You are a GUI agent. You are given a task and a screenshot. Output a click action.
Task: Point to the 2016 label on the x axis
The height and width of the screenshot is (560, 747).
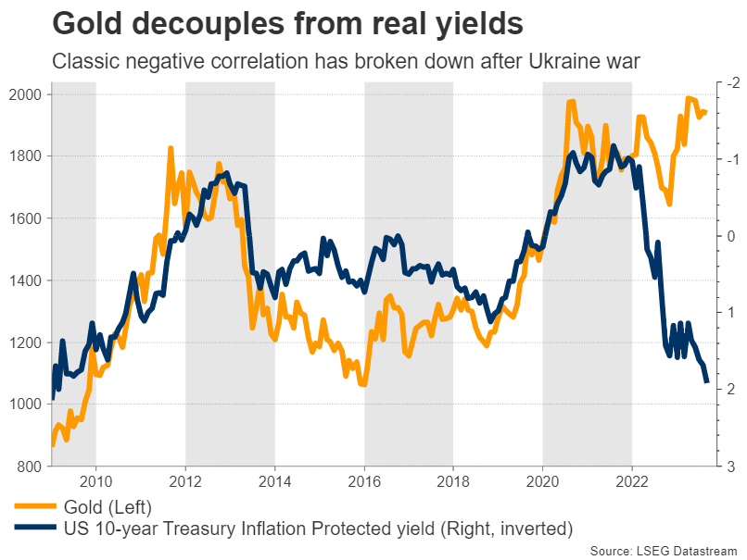[364, 482]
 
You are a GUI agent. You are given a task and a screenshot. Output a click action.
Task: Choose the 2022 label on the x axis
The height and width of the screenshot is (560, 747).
[632, 482]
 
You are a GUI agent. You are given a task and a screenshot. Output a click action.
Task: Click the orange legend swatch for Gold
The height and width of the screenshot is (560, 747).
[33, 506]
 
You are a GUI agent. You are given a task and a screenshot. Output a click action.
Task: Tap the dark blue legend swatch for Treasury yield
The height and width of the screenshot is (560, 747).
[33, 529]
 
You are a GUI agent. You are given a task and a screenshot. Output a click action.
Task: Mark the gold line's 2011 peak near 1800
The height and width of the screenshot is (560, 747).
[171, 148]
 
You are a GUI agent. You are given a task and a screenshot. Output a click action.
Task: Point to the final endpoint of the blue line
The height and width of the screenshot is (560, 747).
[707, 381]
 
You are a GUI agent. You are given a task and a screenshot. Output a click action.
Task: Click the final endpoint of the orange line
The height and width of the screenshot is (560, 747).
[706, 112]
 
